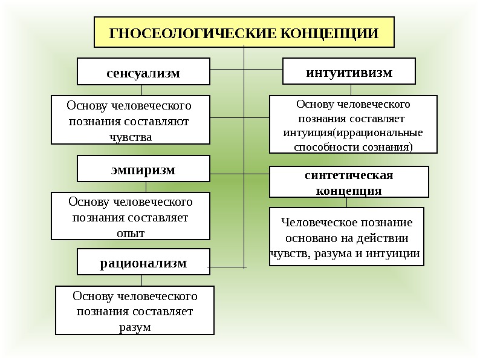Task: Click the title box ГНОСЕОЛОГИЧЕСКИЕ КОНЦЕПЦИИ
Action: click(244, 33)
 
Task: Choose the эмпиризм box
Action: click(143, 169)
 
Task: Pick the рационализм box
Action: click(143, 262)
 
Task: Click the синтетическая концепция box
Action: click(348, 182)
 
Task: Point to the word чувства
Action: click(130, 136)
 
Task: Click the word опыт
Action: click(130, 232)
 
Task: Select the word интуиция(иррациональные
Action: click(352, 133)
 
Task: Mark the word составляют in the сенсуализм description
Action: click(159, 121)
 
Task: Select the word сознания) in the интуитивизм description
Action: click(384, 146)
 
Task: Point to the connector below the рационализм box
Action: click(142, 280)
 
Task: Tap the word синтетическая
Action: click(348, 175)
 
